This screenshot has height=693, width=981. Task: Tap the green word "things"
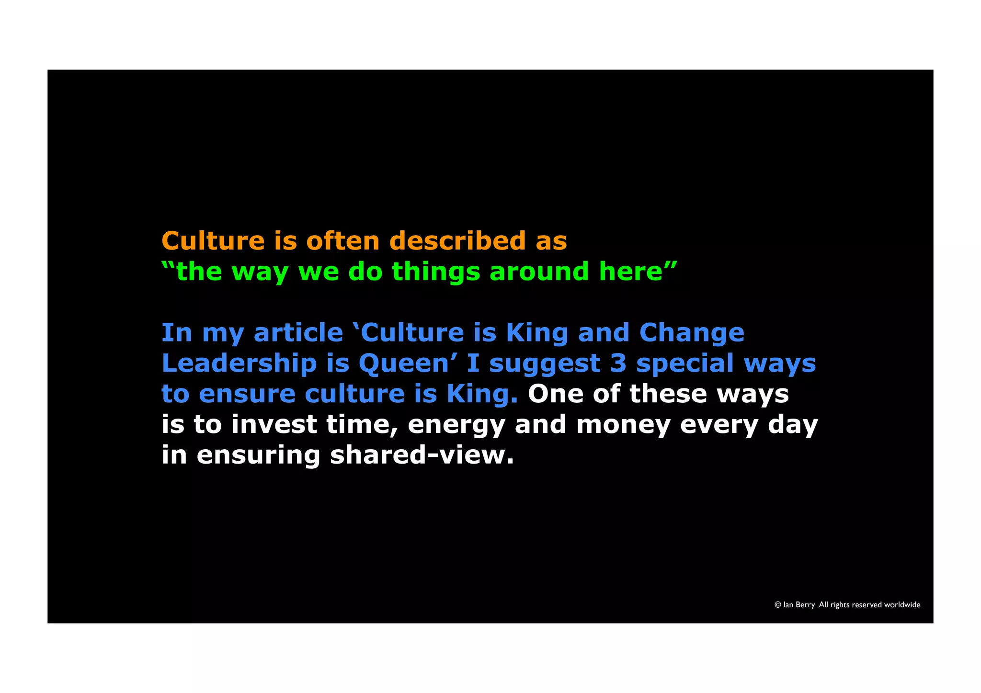[x=436, y=272]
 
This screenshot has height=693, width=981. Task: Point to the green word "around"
[x=539, y=272]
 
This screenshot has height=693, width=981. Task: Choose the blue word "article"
[x=298, y=332]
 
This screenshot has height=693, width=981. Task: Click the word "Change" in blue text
[x=692, y=333]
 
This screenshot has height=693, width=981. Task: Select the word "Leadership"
[x=239, y=364]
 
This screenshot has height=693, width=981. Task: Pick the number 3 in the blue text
[x=618, y=363]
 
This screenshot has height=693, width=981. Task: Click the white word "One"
[x=555, y=394]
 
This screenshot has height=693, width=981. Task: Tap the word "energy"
[x=456, y=425]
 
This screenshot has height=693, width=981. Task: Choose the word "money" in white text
[x=623, y=425]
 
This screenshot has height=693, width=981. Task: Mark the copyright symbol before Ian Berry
[x=778, y=605]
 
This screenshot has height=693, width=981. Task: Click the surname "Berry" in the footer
[x=805, y=605]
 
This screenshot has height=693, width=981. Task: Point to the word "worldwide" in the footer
[x=902, y=605]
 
